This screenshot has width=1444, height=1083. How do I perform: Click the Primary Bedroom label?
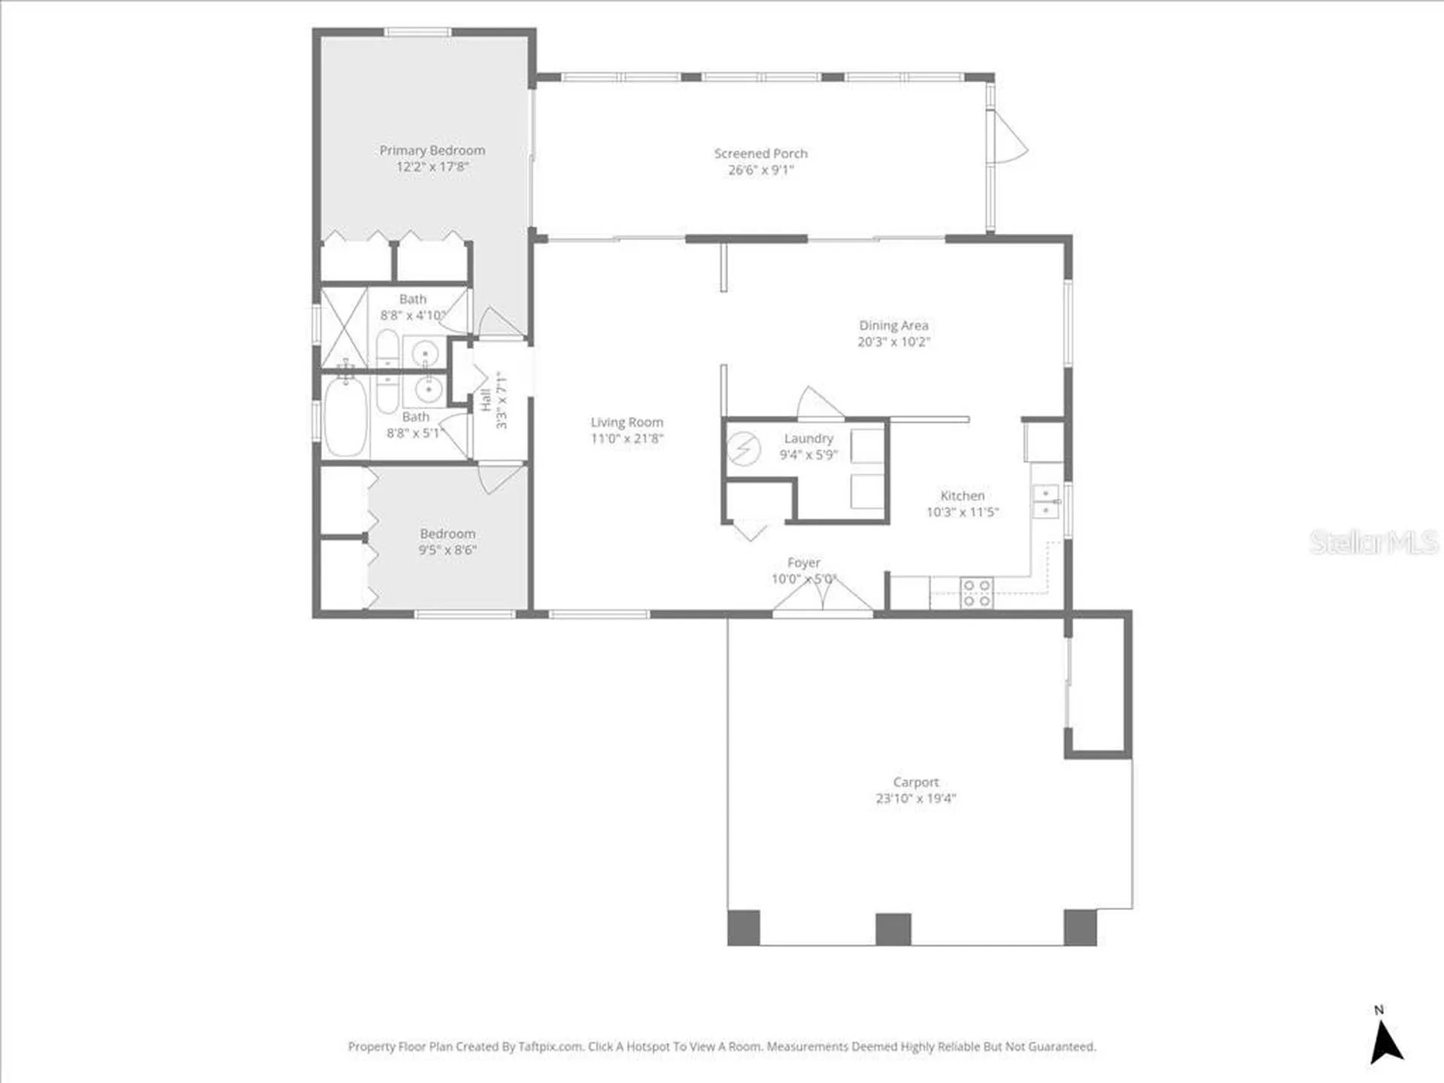(x=432, y=150)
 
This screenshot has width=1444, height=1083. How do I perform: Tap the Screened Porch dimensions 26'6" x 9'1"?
(x=760, y=170)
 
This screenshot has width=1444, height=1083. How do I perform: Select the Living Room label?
(x=626, y=423)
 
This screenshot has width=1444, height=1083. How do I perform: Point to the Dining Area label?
(x=893, y=326)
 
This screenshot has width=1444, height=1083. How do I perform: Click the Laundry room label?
(x=808, y=438)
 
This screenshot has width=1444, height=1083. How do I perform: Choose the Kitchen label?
(x=963, y=496)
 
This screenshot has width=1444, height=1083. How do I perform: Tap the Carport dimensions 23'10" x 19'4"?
(x=915, y=799)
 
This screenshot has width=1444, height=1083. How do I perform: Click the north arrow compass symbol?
(x=1386, y=1042)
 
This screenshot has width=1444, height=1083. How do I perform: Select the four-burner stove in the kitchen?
(x=976, y=593)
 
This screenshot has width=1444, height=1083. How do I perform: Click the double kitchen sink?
(x=1045, y=502)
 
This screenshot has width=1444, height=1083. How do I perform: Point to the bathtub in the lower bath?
(x=345, y=417)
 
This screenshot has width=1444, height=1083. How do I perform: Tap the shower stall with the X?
(x=344, y=328)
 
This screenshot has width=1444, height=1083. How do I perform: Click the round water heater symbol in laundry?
(x=743, y=450)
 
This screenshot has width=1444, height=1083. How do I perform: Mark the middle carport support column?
(x=893, y=929)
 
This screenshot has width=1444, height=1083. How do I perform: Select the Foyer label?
(x=803, y=563)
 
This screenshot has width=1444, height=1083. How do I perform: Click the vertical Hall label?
(x=486, y=400)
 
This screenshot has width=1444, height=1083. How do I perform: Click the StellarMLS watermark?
(x=1373, y=542)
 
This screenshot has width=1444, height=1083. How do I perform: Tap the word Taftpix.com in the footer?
(x=551, y=1046)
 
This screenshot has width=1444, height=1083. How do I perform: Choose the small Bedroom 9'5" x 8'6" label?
(x=447, y=541)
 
